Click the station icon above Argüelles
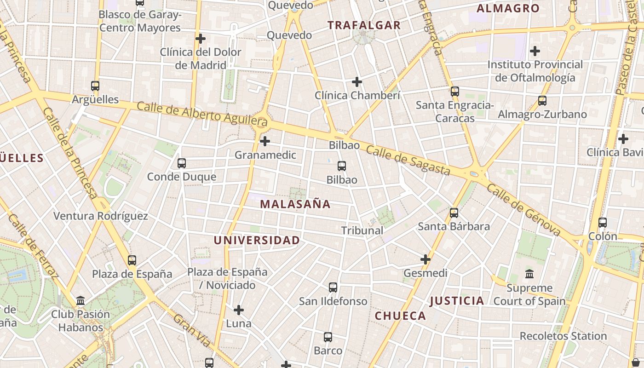click(95, 86)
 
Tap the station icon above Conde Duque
click(182, 163)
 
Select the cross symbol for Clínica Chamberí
click(357, 82)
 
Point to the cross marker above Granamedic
click(265, 141)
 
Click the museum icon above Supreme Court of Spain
click(529, 274)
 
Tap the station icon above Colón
click(603, 223)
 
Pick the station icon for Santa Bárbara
click(454, 213)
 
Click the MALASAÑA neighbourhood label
click(295, 204)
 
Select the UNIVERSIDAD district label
click(257, 240)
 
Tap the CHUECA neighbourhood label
click(400, 316)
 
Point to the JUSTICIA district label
click(457, 301)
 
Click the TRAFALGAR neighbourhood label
click(364, 25)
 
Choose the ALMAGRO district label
click(508, 8)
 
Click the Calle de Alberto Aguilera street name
click(202, 114)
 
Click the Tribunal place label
click(362, 230)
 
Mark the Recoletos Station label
click(563, 336)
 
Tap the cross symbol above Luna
click(239, 310)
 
